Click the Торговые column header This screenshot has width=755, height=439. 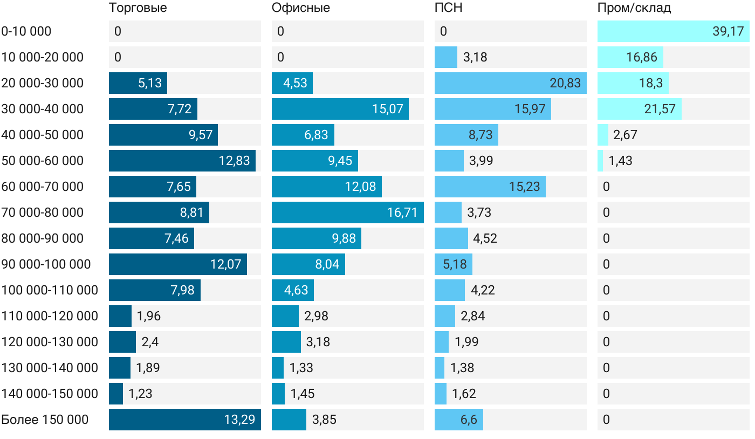(138, 8)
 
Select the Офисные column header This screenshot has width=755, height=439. (301, 8)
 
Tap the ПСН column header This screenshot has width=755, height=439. (449, 8)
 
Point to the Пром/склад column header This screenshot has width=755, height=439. (634, 8)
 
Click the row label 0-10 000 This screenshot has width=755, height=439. (26, 31)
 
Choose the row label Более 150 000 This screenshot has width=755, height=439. (45, 420)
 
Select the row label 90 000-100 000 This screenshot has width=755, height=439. (46, 264)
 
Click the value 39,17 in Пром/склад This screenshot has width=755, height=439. (728, 31)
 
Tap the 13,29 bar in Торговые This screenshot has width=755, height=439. (185, 420)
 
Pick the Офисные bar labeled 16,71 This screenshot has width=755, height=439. (348, 212)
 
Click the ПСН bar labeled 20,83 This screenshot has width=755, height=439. (511, 83)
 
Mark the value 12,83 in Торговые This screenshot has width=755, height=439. (234, 161)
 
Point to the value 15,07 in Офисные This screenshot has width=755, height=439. (387, 109)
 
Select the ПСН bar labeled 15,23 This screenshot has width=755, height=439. (490, 187)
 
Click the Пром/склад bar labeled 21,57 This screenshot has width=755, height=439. (640, 109)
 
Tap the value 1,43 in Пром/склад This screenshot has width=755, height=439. (620, 161)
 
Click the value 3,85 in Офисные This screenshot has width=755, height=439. (324, 420)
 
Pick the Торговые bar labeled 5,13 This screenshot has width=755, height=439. (138, 83)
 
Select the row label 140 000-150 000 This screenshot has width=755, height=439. (50, 394)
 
